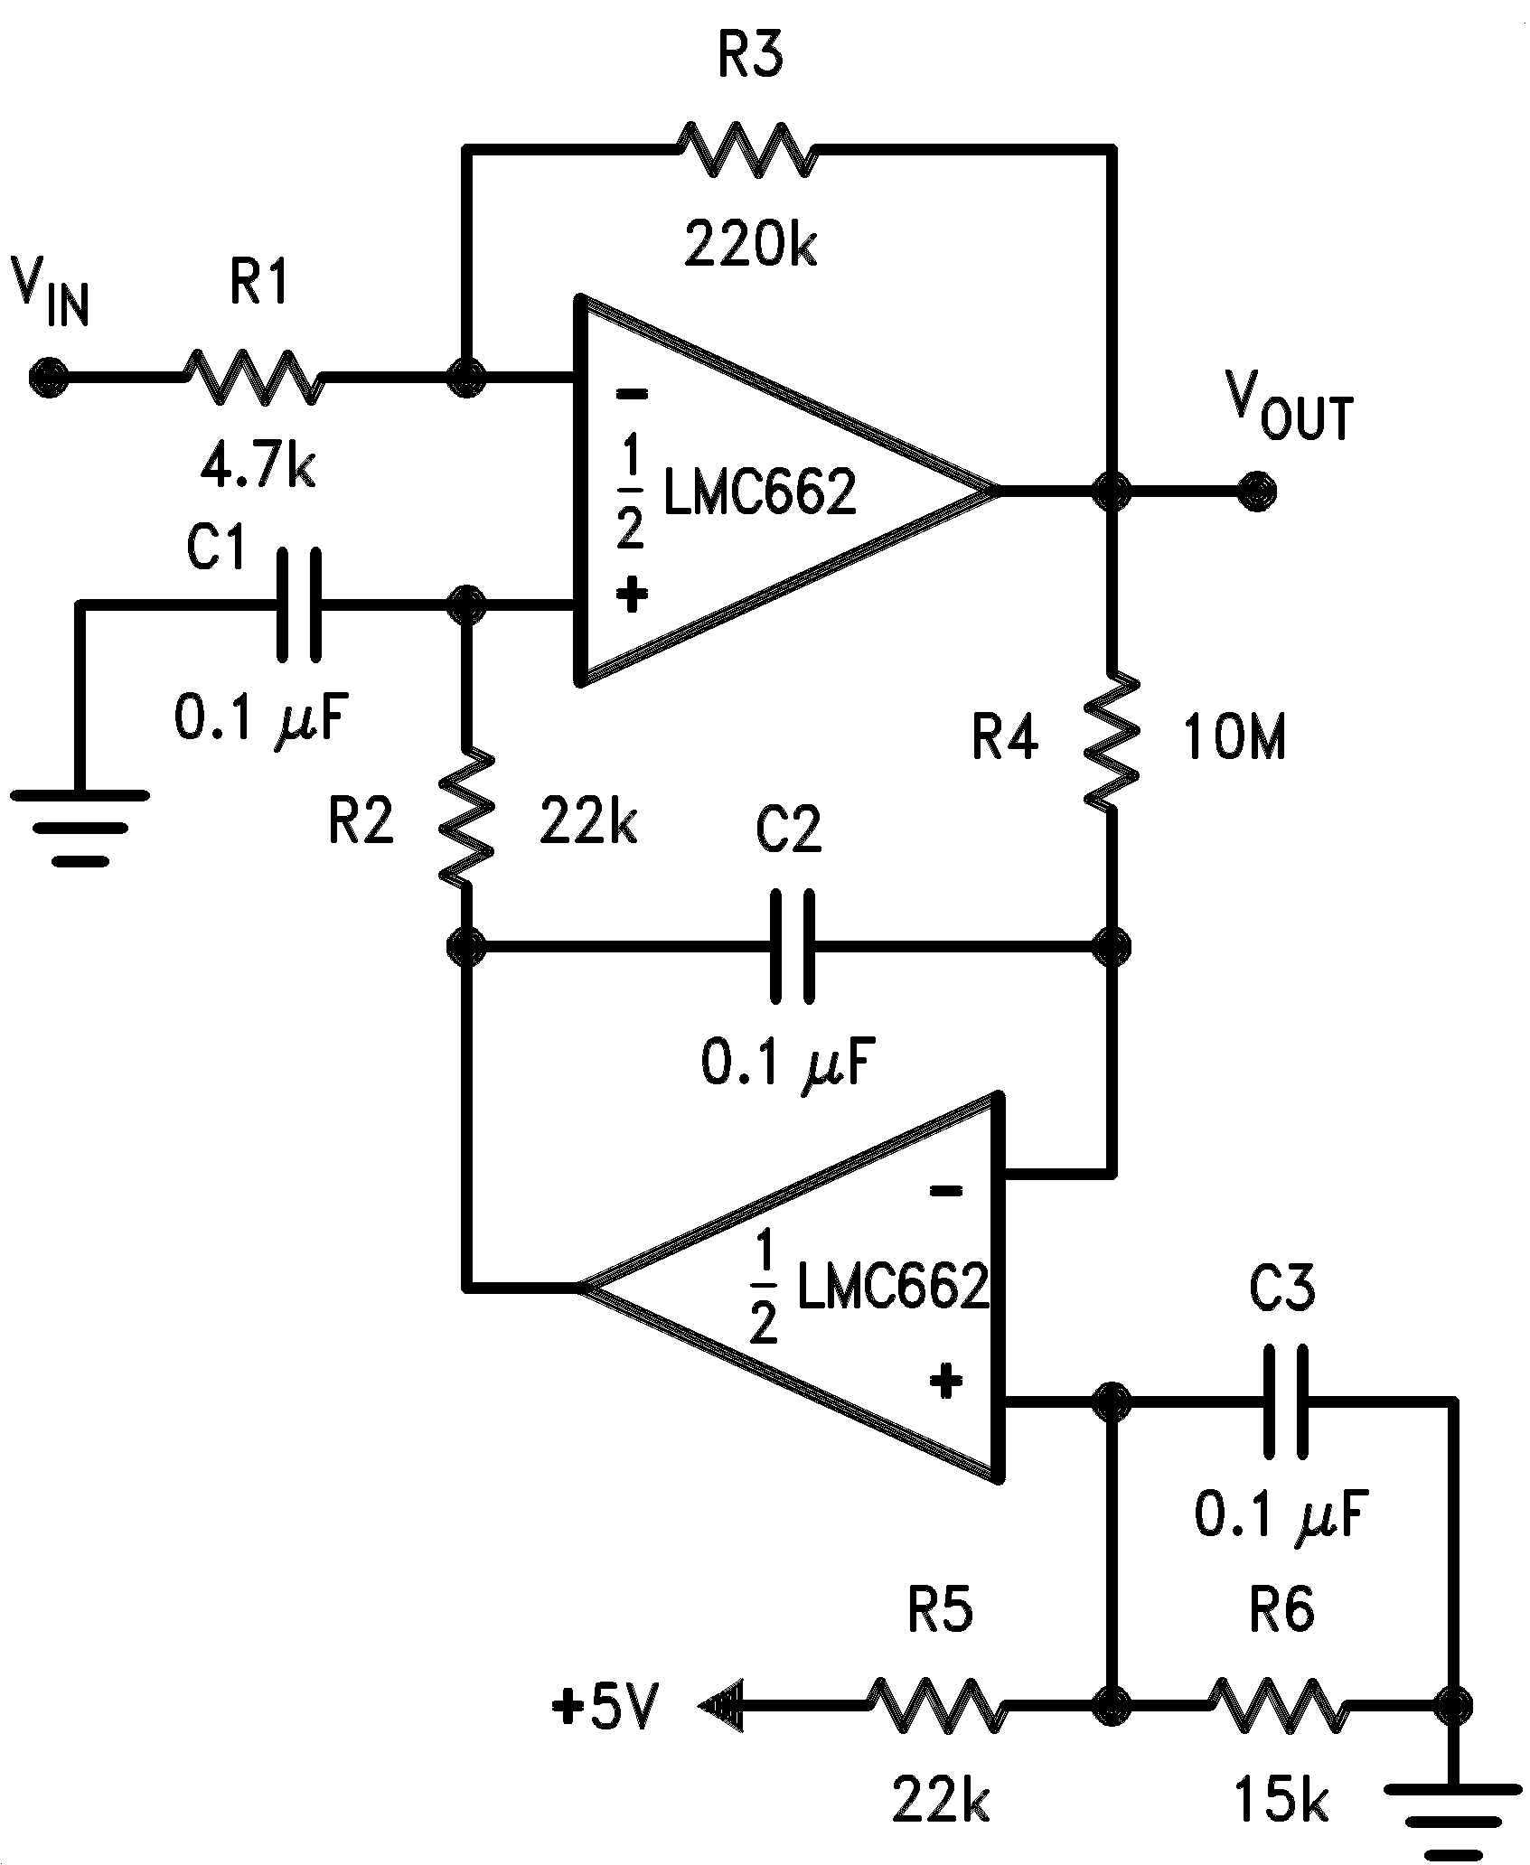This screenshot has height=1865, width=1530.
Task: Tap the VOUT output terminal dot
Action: point(1257,492)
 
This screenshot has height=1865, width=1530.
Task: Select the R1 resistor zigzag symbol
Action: point(251,376)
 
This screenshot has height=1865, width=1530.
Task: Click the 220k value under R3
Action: point(750,246)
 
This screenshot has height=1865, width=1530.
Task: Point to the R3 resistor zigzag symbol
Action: point(746,147)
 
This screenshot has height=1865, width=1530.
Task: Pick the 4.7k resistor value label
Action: point(258,467)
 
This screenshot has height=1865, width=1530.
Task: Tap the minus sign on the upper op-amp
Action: point(632,394)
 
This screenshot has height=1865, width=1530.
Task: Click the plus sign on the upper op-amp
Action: point(632,594)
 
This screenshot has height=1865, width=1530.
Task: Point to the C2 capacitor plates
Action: point(793,946)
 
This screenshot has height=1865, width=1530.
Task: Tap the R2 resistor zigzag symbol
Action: point(467,814)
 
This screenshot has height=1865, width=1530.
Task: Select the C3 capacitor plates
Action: point(1284,1401)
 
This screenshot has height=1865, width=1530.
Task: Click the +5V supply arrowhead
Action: point(720,1707)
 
